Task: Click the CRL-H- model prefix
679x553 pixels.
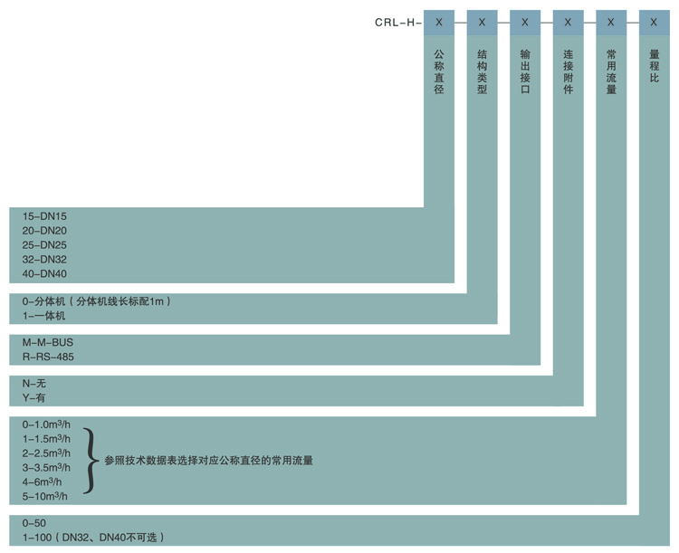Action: click(x=398, y=23)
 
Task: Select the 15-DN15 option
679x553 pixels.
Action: click(x=44, y=216)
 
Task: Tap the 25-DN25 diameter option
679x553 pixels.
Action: click(x=44, y=245)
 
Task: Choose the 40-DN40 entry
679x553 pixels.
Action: click(x=44, y=273)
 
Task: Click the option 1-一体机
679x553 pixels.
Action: click(x=43, y=316)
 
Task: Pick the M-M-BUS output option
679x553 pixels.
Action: click(x=48, y=342)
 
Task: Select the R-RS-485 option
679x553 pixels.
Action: click(x=48, y=357)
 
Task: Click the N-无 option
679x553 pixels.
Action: click(x=33, y=383)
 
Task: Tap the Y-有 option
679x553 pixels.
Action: click(x=33, y=397)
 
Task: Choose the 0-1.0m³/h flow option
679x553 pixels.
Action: click(x=46, y=424)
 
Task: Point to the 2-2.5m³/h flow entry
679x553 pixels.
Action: click(x=46, y=453)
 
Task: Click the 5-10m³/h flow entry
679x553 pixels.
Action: click(x=45, y=496)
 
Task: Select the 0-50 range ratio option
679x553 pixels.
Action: click(x=34, y=523)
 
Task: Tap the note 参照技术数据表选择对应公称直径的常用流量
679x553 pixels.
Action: click(x=209, y=461)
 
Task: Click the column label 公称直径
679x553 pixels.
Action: click(x=439, y=72)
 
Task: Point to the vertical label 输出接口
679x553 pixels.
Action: click(x=525, y=72)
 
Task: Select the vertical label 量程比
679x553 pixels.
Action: click(x=655, y=66)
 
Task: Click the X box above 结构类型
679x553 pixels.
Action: click(x=482, y=23)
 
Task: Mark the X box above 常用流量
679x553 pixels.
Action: click(x=611, y=23)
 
